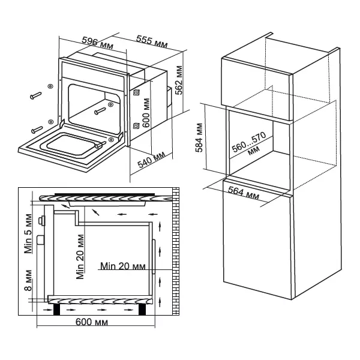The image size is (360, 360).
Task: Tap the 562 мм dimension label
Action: tap(178, 80)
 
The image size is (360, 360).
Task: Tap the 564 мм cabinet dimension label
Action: tap(244, 194)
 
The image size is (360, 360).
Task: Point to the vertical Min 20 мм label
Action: tap(80, 255)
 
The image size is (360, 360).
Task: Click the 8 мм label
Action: tap(27, 280)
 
